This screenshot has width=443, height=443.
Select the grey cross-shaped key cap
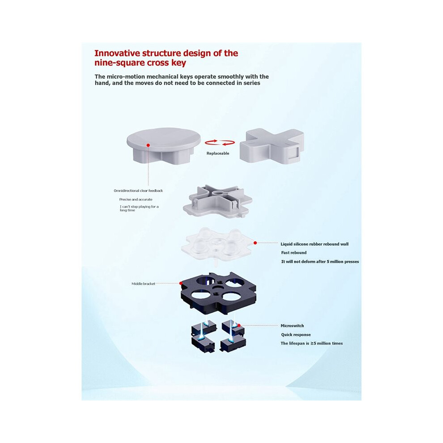272,147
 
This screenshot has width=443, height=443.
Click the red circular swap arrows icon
220,142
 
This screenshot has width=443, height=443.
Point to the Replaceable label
218,153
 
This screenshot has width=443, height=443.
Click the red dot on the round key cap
148,145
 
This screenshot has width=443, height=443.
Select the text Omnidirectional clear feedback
138,191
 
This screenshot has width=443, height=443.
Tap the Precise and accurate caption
136,200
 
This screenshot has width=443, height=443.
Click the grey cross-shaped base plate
217,201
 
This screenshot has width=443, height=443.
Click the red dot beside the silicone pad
255,243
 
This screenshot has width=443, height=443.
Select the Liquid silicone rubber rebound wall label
315,244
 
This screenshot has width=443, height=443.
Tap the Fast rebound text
294,252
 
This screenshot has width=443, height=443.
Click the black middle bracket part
218,292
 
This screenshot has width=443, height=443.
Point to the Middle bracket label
143,284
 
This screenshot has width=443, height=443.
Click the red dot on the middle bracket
181,283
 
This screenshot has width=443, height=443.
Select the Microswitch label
292,326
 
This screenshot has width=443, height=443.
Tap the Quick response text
296,335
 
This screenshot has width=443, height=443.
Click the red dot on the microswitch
239,325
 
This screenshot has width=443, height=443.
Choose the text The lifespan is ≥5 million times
311,343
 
